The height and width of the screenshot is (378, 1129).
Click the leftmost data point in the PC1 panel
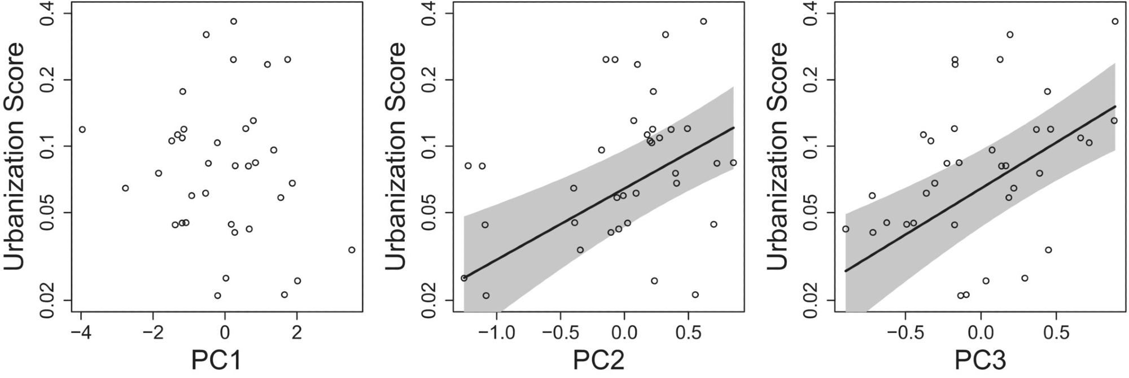tap(82, 129)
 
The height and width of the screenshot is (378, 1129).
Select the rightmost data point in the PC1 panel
tap(352, 250)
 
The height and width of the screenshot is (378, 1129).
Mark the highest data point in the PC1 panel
tap(234, 21)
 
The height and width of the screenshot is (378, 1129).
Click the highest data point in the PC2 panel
tap(703, 21)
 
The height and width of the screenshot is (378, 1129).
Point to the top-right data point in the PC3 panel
tap(1115, 21)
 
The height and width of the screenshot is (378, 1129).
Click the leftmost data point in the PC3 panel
tap(846, 229)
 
